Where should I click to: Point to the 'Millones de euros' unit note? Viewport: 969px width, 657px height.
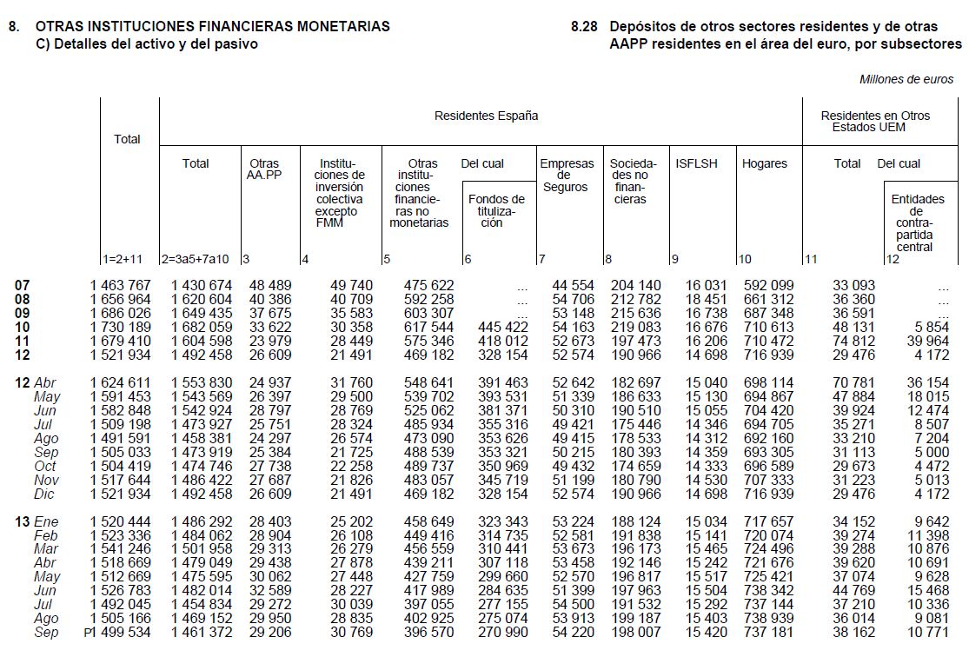(906, 79)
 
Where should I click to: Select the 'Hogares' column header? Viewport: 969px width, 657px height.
(764, 163)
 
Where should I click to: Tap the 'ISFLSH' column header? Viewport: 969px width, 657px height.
(696, 163)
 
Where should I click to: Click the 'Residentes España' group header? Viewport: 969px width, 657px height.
(486, 116)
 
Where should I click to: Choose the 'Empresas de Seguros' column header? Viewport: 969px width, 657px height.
(567, 175)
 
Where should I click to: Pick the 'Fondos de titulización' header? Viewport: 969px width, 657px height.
(496, 210)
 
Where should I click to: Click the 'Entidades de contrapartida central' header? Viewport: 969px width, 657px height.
(917, 222)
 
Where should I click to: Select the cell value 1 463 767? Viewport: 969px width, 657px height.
(120, 285)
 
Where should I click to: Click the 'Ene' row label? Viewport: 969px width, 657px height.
(46, 522)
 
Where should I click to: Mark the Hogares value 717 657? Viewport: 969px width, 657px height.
(768, 522)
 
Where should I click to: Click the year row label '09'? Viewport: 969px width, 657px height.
(23, 313)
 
